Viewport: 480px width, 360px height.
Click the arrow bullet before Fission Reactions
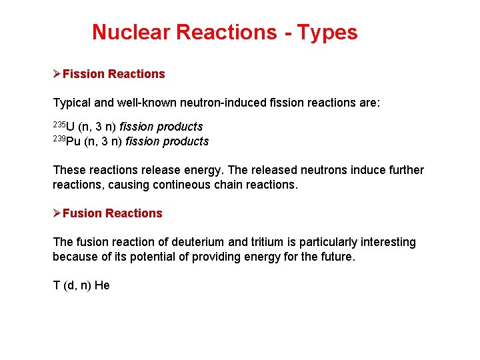57,74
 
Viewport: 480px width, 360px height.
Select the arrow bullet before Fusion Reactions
57,213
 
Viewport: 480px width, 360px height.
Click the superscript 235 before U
59,124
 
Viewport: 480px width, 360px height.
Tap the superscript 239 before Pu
59,139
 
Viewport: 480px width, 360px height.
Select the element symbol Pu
74,141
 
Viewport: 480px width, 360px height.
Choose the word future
335,257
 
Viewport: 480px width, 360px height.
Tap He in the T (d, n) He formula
102,286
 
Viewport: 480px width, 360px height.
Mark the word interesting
382,242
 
